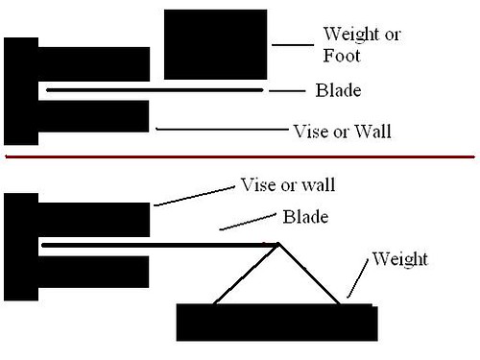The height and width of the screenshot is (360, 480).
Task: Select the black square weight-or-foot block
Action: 216,43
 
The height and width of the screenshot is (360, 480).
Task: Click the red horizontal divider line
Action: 240,156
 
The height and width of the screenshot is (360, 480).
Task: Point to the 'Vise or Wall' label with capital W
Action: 343,128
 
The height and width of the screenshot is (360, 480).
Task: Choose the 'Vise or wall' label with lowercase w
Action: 287,182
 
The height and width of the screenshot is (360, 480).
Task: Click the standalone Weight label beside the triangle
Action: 399,259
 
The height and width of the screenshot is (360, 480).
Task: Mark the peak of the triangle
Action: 278,243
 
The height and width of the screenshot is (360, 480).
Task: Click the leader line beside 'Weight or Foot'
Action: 293,43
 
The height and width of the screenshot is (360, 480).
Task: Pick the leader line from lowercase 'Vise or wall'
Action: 193,193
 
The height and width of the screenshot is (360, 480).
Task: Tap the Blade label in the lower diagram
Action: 306,216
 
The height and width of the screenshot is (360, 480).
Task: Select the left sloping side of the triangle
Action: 246,274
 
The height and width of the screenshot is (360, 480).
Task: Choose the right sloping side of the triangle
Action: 310,274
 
